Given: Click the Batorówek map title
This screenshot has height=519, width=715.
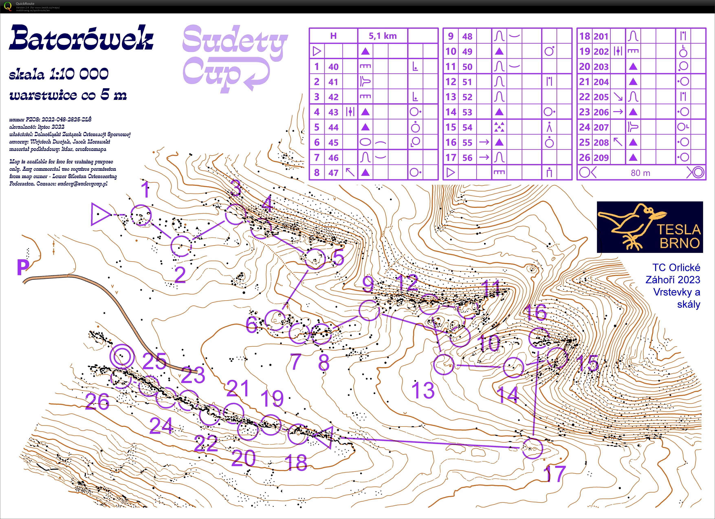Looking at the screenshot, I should pos(81,38).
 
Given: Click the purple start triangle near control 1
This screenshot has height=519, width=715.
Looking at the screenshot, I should pos(100,214).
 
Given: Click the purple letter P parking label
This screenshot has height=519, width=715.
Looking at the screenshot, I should pos(23,267).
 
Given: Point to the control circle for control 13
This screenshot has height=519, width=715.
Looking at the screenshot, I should pos(444,365).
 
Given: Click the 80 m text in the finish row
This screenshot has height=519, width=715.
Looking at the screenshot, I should pos(640,173).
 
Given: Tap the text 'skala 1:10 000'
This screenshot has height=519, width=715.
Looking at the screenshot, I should pos(59,74).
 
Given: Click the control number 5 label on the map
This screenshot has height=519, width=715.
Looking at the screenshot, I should pos(338,257).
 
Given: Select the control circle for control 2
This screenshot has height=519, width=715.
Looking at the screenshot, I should pos(181,246).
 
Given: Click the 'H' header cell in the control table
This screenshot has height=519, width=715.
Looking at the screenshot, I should pos(333,36).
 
